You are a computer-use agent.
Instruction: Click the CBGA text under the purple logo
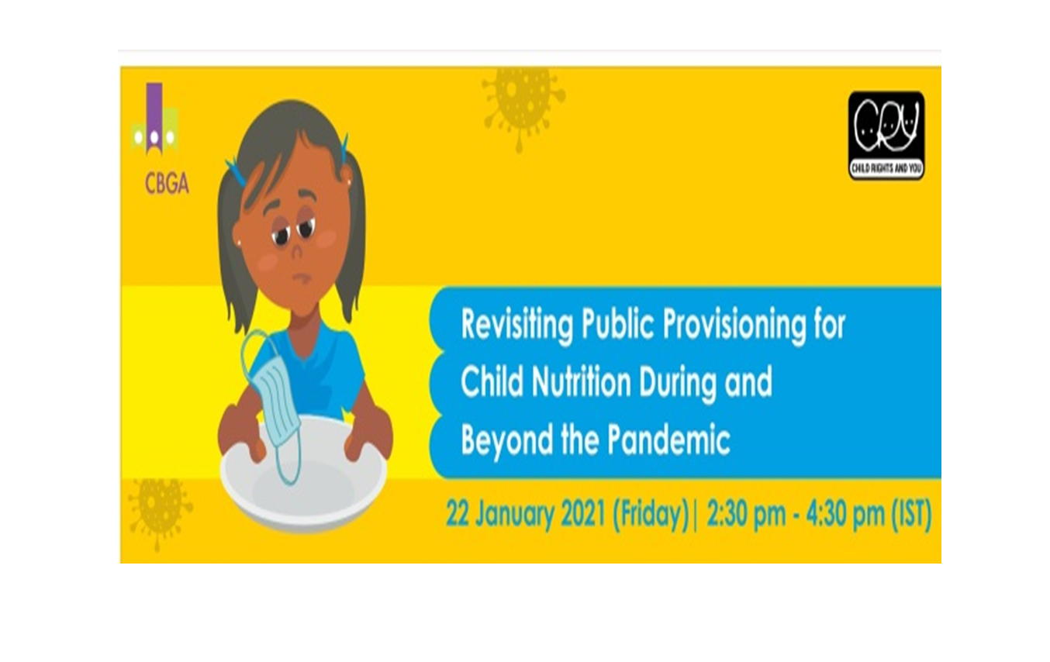167,184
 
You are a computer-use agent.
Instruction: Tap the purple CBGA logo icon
154,119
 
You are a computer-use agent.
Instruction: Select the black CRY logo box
886,136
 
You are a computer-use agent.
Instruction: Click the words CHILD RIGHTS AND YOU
886,168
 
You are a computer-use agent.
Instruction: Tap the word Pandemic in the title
668,440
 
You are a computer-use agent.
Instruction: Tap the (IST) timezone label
910,515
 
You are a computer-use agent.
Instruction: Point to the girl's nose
295,250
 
